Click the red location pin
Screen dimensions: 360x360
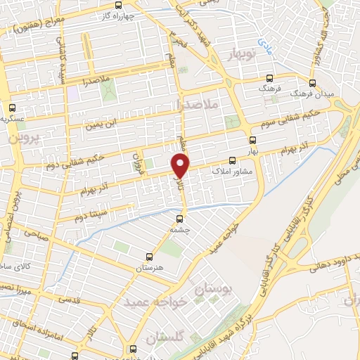click(181, 165)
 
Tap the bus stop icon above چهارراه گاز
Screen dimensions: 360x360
click(117, 5)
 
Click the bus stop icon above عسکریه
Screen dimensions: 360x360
click(12, 108)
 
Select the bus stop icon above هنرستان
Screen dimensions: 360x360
click(148, 257)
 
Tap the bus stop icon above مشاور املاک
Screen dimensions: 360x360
click(233, 160)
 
